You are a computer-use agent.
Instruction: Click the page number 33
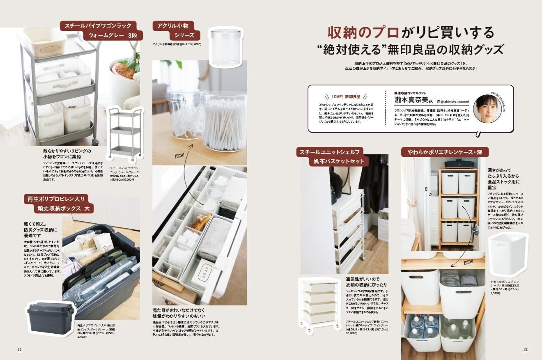(19, 349)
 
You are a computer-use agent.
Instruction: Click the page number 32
(525, 349)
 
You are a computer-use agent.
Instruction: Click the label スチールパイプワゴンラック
(102, 26)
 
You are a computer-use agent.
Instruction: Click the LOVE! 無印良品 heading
(345, 97)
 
